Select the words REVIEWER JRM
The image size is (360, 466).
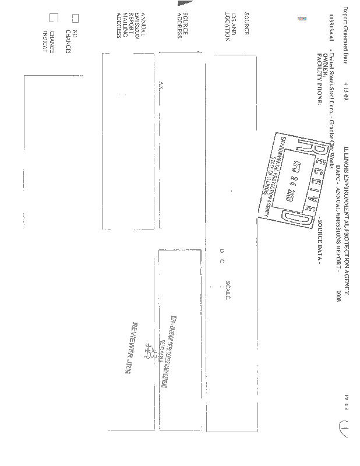click(x=129, y=348)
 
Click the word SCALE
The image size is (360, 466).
click(x=228, y=290)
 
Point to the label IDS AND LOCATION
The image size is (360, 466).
click(x=231, y=30)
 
